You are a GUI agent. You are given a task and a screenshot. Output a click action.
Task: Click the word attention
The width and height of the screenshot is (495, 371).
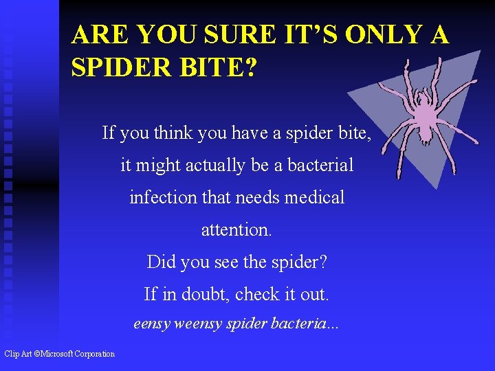[x=236, y=229]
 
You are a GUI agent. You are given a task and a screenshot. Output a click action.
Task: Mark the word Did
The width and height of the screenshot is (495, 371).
[x=159, y=262]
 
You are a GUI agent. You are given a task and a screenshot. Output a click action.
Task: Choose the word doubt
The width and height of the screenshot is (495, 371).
[x=206, y=294]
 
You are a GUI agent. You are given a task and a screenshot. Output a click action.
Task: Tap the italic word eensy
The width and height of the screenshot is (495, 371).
[x=151, y=324]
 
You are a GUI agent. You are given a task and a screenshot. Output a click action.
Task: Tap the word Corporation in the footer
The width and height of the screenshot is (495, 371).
[x=96, y=354]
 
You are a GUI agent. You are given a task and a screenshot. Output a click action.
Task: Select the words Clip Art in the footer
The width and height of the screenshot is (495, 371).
[x=16, y=354]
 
